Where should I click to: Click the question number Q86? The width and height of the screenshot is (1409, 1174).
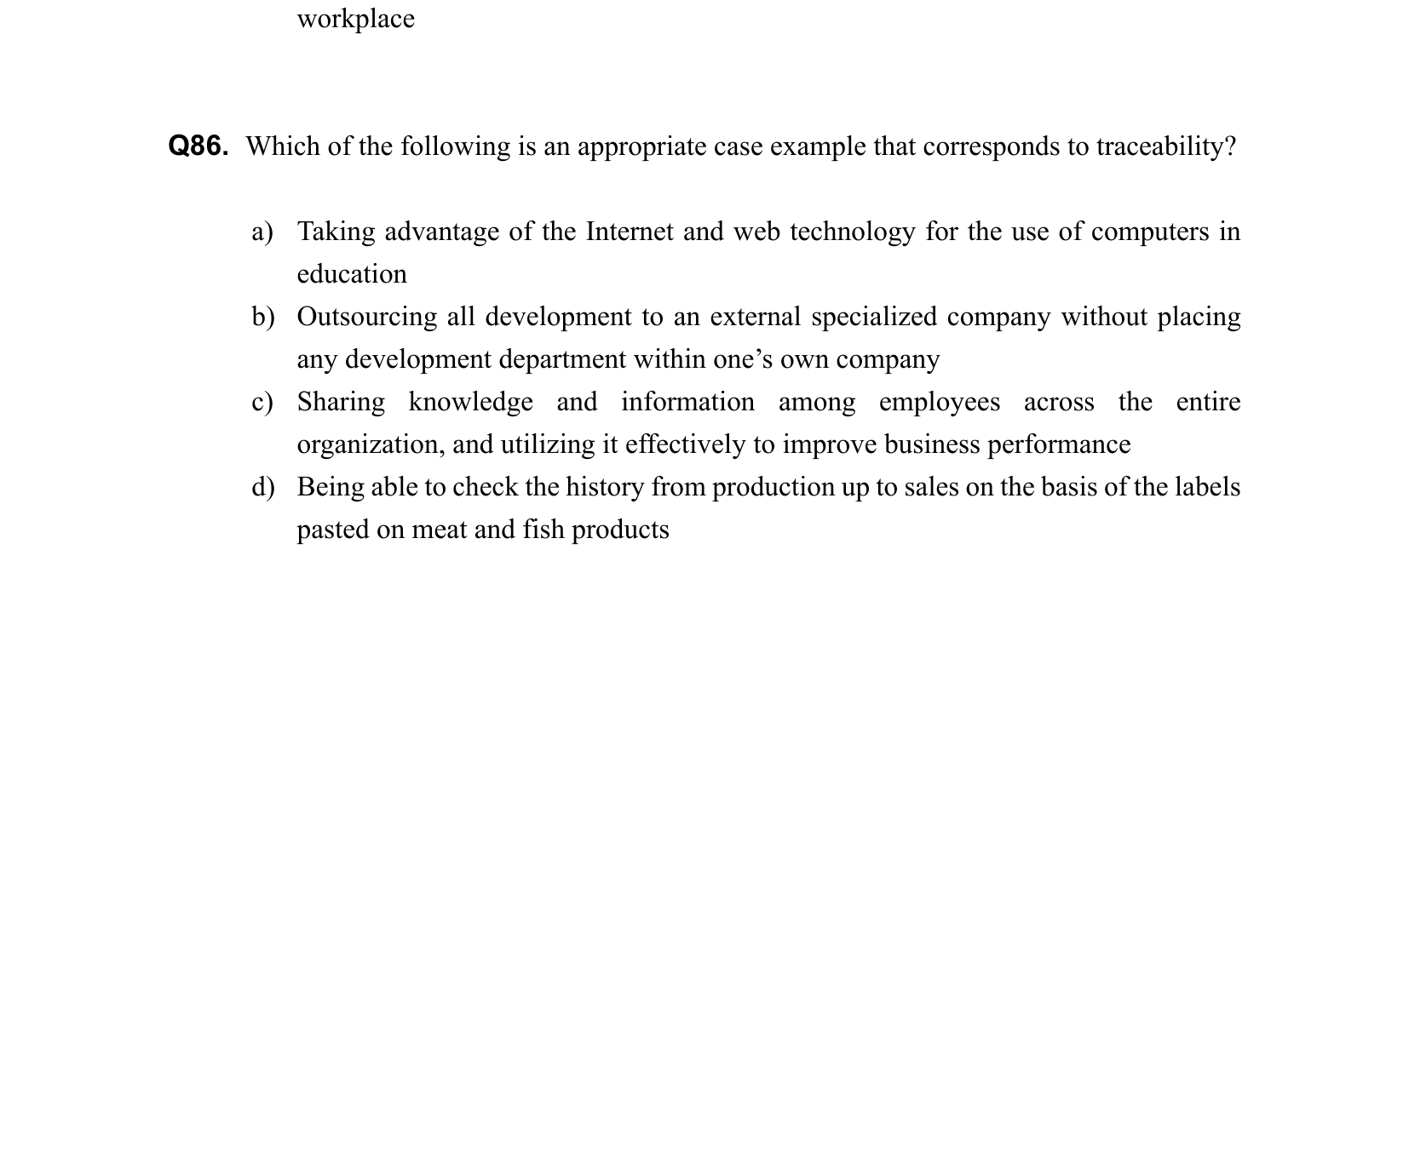click(198, 146)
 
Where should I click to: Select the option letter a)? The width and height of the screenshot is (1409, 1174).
click(262, 232)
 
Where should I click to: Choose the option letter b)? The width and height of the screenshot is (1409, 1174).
click(262, 317)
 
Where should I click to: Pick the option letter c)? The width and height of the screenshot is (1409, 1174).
click(262, 402)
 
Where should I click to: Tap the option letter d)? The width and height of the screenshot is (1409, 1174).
click(262, 487)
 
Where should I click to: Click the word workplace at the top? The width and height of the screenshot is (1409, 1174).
click(355, 19)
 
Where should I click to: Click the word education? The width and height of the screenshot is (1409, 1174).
click(352, 274)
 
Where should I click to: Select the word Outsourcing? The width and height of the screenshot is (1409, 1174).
click(366, 317)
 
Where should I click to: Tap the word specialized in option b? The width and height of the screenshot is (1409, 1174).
click(873, 317)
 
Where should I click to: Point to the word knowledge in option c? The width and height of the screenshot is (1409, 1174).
click(470, 402)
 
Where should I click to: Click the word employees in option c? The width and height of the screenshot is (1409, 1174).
click(939, 402)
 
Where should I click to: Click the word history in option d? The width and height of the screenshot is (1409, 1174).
click(604, 487)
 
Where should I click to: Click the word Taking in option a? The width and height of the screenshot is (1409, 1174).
click(336, 232)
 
